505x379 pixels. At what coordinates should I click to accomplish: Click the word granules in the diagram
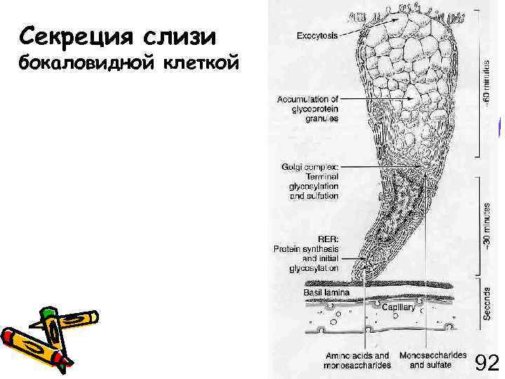pyautogui.click(x=322, y=119)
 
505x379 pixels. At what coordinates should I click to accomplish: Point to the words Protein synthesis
pyautogui.click(x=307, y=248)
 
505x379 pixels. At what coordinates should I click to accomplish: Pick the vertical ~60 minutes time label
pyautogui.click(x=487, y=81)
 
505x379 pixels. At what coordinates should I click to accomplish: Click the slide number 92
pyautogui.click(x=487, y=363)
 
